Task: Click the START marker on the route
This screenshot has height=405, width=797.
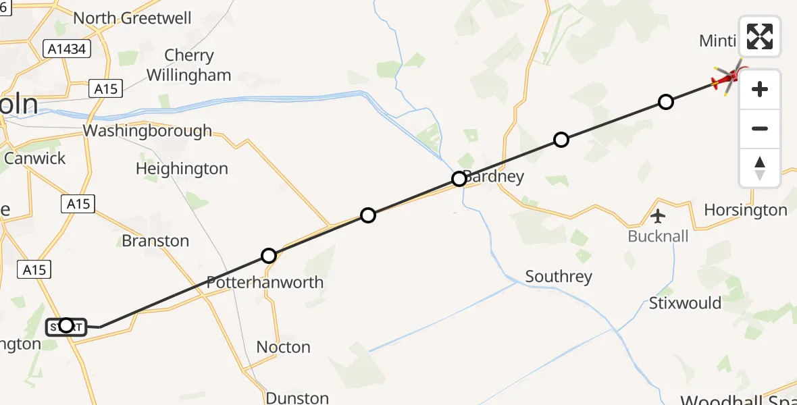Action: pos(66,327)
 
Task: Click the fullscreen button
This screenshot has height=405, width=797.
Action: pos(760,36)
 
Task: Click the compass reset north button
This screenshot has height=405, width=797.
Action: pos(760,168)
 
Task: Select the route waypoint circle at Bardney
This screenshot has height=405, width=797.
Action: pos(459,179)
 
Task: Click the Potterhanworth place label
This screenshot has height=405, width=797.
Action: pos(265,282)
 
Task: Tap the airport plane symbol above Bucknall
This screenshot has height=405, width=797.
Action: pos(658,217)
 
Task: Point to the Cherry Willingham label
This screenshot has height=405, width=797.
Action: pos(189,65)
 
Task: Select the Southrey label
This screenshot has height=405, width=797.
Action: pos(559,276)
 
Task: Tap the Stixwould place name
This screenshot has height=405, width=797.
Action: pos(685,303)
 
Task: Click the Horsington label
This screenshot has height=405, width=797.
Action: pos(746,210)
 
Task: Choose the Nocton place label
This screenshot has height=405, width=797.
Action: pos(284,347)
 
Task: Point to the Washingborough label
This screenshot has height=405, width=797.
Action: pos(147,130)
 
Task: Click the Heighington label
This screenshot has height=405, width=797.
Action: pos(182,168)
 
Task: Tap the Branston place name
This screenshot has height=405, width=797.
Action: pos(155,241)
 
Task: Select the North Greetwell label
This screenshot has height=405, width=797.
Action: pos(132,18)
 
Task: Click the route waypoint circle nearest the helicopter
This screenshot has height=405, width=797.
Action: pos(666,102)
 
